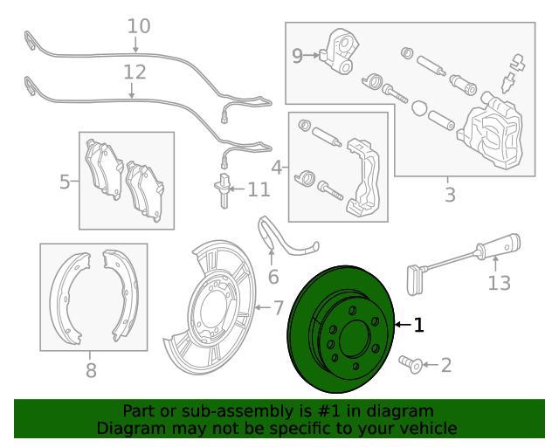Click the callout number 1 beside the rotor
coord(419,325)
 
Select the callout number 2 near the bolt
coord(445,365)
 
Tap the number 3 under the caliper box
coord(450,195)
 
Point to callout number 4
coord(277,167)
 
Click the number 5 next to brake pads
coord(65,182)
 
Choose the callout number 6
coord(273,278)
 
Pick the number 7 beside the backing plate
coord(279,307)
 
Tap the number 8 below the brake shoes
coord(91,371)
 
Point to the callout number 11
coord(259,189)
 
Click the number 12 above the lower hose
coord(135,71)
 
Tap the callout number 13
coord(498,282)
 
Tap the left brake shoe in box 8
coord(67,297)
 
